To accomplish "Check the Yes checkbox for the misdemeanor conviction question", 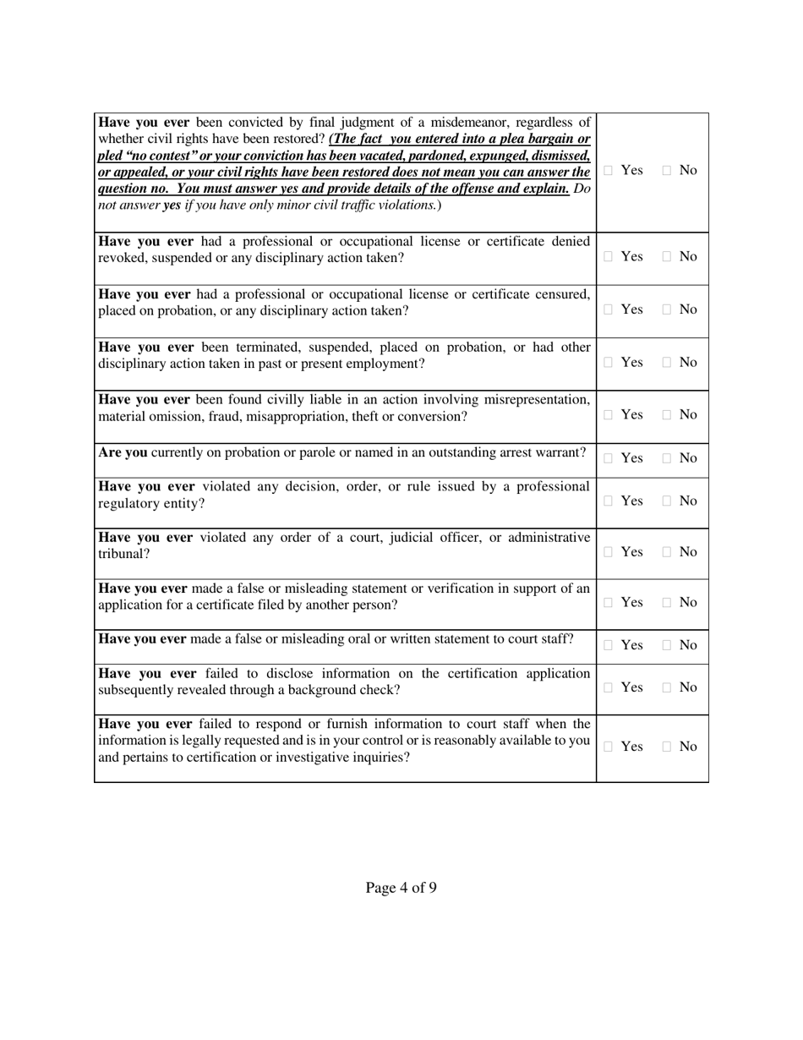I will coord(609,171).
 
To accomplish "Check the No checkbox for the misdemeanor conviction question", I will coord(667,171).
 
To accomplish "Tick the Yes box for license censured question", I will coord(609,310).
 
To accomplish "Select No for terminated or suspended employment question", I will coord(667,363).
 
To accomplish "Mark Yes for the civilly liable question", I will coord(609,415).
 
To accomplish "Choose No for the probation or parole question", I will coord(667,458).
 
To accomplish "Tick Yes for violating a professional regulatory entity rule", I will coord(609,501).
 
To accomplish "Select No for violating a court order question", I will coord(667,552).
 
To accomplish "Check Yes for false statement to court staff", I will coord(609,645).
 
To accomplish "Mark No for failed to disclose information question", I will coord(667,688).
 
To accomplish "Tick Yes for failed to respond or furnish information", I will coord(609,747).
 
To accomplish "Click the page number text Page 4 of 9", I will coord(401,888).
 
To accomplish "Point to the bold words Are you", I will coord(123,452).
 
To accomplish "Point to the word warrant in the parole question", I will coord(560,452).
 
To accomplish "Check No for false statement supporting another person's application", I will coord(667,603).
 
